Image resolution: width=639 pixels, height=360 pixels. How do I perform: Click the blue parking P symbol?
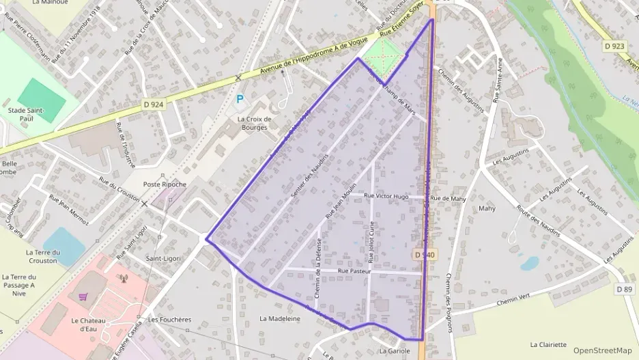click(240, 100)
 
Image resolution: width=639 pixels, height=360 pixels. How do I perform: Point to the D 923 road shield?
click(614, 46)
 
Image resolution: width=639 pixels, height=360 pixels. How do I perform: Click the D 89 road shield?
click(624, 289)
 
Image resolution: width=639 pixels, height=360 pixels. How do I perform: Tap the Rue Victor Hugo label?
click(386, 197)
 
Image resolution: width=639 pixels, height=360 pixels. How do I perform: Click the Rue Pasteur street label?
click(354, 271)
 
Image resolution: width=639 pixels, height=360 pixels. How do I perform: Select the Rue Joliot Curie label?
click(371, 242)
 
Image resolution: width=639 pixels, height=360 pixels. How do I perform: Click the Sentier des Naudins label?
click(309, 176)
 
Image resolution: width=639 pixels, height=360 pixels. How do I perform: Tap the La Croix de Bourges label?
click(254, 123)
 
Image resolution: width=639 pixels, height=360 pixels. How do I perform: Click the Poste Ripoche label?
click(165, 184)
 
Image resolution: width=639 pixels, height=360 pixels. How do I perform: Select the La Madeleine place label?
click(280, 318)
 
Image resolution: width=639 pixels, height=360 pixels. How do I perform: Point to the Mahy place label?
click(487, 208)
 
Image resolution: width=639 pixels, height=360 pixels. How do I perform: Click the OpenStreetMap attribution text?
click(602, 350)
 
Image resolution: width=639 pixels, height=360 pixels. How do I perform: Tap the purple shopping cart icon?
click(83, 296)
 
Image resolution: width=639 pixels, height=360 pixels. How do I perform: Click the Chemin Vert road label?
click(513, 300)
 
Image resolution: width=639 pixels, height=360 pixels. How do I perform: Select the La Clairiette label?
click(548, 345)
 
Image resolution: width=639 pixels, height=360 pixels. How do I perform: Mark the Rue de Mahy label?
click(449, 198)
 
